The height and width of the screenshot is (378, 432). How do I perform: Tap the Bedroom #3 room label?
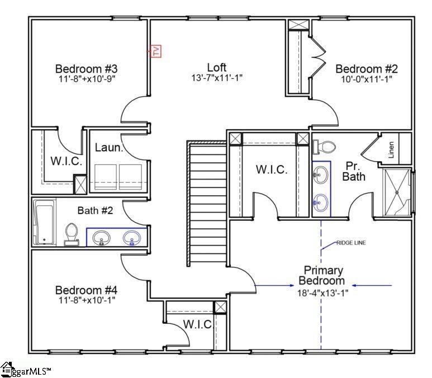point(86,69)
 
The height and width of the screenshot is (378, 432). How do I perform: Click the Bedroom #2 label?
point(366,69)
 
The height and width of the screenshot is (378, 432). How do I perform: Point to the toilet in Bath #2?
point(72,234)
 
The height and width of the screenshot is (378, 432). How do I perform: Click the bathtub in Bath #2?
point(44,223)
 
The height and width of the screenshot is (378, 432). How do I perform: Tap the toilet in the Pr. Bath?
point(324,147)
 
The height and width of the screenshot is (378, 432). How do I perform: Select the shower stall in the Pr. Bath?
point(397,192)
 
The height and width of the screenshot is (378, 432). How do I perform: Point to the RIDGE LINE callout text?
point(351,243)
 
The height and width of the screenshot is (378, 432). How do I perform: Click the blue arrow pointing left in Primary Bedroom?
point(372,286)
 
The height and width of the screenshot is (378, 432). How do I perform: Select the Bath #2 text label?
point(95,211)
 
